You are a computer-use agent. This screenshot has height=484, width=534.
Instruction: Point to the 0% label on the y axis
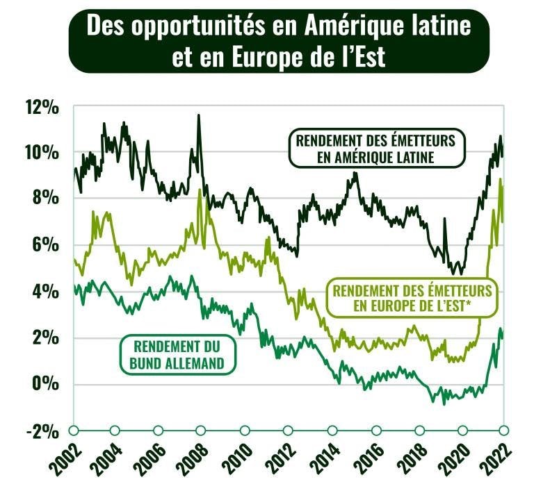[x=47, y=385]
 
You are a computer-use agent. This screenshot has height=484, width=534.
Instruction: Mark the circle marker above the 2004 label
[x=115, y=431]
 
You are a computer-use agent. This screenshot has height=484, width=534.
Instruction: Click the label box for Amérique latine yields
[x=375, y=149]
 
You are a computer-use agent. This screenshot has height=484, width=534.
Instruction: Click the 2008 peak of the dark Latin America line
[x=198, y=116]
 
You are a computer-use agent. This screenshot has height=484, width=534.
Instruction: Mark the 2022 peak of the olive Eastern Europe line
[x=501, y=180]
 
